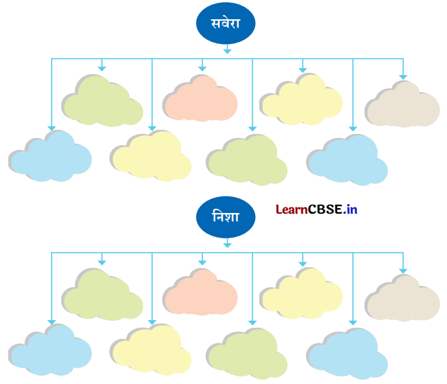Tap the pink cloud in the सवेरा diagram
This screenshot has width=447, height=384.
200,99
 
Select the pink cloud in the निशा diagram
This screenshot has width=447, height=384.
200,292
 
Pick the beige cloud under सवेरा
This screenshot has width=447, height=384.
402,104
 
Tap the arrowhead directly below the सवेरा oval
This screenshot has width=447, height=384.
227,49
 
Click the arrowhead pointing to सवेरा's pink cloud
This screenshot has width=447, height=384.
202,68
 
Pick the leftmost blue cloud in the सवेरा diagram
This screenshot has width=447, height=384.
51,157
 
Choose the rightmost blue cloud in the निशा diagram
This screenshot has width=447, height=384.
347,352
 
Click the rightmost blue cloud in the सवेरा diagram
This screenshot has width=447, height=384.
347,159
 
